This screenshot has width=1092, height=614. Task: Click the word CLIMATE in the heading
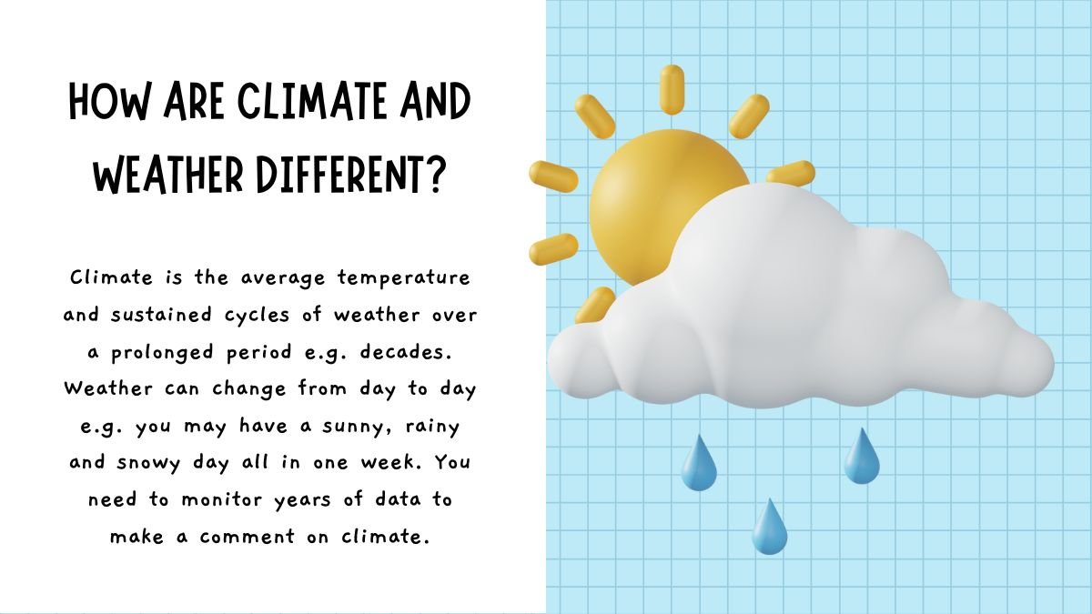pyautogui.click(x=313, y=101)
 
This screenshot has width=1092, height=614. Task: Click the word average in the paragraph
pyautogui.click(x=283, y=278)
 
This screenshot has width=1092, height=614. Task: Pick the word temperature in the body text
pyautogui.click(x=404, y=278)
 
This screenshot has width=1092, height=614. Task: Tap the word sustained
pyautogui.click(x=161, y=315)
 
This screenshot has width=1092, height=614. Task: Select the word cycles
pyautogui.click(x=257, y=316)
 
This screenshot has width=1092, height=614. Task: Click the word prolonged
pyautogui.click(x=162, y=353)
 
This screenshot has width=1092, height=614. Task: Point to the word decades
pyautogui.click(x=406, y=352)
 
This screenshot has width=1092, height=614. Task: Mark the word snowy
pyautogui.click(x=149, y=463)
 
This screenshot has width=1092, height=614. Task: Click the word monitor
pyautogui.click(x=222, y=499)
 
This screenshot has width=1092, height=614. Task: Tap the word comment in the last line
pyautogui.click(x=248, y=537)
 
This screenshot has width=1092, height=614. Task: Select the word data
pyautogui.click(x=399, y=499)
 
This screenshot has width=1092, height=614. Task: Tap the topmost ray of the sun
pyautogui.click(x=672, y=90)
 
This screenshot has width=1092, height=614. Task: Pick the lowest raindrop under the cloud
pyautogui.click(x=769, y=527)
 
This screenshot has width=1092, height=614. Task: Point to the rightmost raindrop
pyautogui.click(x=862, y=456)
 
